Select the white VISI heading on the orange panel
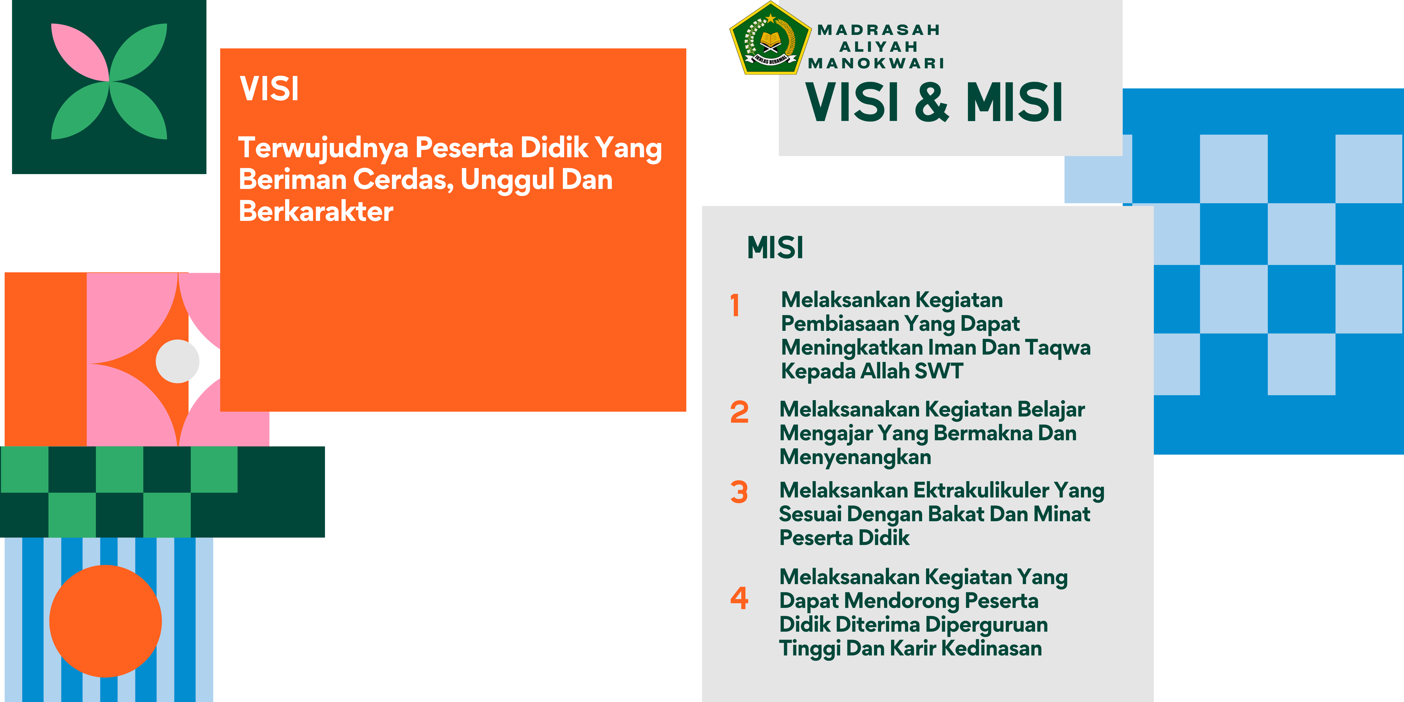(269, 89)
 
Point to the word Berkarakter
(316, 211)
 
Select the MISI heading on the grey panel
(775, 248)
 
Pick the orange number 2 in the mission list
(739, 412)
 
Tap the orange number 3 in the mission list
(739, 492)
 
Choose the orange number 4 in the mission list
(739, 598)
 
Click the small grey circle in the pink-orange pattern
(178, 361)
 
